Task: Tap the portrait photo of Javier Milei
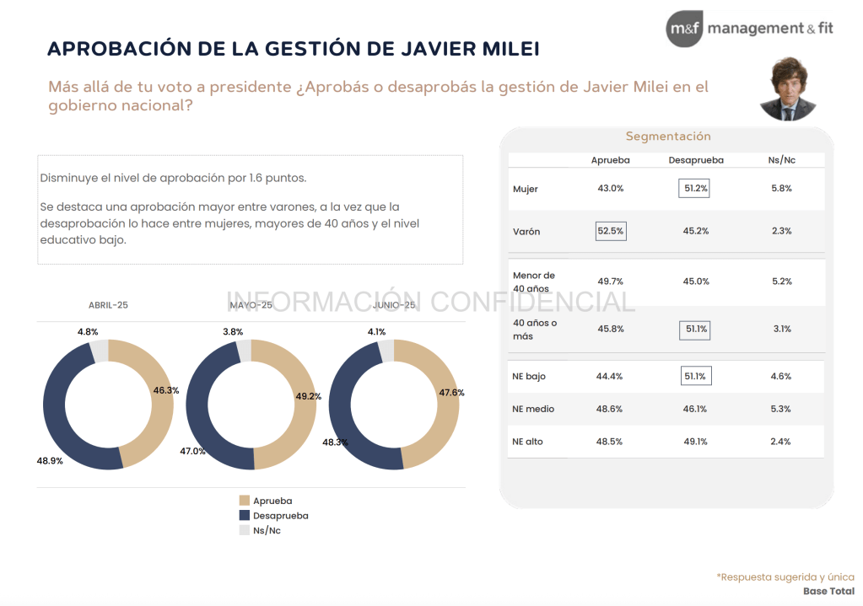(x=788, y=89)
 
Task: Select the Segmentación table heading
(x=668, y=137)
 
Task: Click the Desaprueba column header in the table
(x=695, y=160)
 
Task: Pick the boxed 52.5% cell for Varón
(x=611, y=231)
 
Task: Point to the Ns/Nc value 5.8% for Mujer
(x=781, y=189)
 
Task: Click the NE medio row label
(x=532, y=409)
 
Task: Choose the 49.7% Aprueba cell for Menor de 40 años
(x=610, y=282)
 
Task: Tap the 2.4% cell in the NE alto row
(x=781, y=441)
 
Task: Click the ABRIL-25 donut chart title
(x=108, y=305)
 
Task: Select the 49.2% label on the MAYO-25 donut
(x=309, y=396)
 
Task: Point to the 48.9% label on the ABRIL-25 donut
(x=51, y=461)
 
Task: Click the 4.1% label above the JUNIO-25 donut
(x=376, y=332)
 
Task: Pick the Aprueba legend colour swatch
(x=245, y=501)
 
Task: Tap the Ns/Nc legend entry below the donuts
(x=267, y=531)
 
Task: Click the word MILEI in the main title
(x=506, y=49)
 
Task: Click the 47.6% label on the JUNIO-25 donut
(x=451, y=392)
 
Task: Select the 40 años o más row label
(x=535, y=329)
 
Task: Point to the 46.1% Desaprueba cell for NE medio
(x=695, y=409)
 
